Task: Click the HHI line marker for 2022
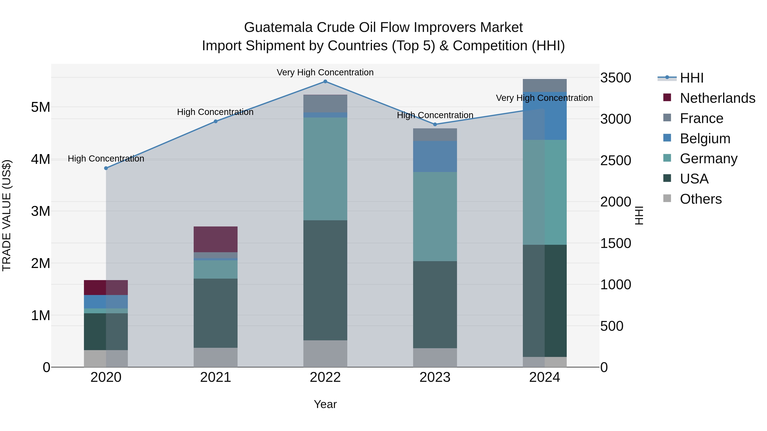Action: pos(325,82)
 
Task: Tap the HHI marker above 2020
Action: pos(106,168)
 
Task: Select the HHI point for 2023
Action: pos(435,124)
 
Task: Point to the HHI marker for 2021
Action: pos(216,121)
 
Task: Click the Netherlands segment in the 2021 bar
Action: pos(216,239)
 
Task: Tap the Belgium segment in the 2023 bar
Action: pos(435,156)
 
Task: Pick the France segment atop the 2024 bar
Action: pos(545,85)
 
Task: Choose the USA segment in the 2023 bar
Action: pos(435,304)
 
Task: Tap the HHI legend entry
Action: pos(691,78)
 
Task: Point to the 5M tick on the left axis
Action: pos(41,107)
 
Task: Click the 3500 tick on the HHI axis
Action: pos(616,78)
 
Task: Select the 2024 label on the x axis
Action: pos(545,377)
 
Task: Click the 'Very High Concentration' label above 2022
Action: pos(325,72)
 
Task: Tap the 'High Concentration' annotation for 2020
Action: pos(106,159)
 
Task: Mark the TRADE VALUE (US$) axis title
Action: pos(7,215)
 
